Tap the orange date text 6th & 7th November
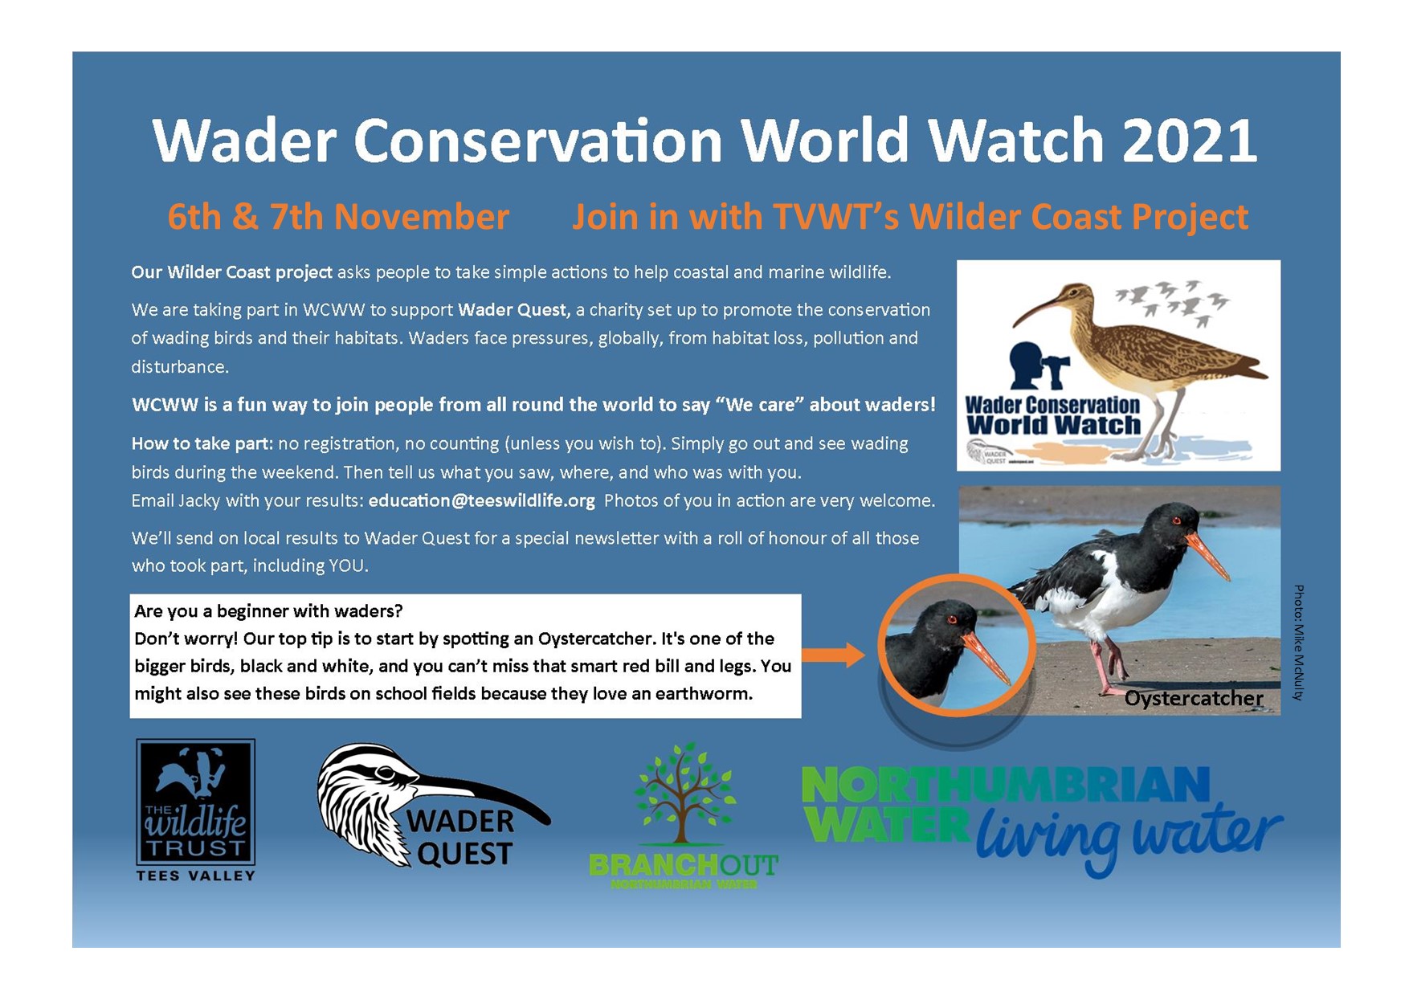pyautogui.click(x=338, y=217)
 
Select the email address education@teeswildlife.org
pyautogui.click(x=482, y=500)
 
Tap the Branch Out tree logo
pyautogui.click(x=684, y=815)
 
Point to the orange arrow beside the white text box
pyautogui.click(x=833, y=655)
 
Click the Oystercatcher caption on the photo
pyautogui.click(x=1194, y=699)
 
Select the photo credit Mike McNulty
pyautogui.click(x=1299, y=643)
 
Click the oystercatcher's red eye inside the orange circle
pyautogui.click(x=953, y=619)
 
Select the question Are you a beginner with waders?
pyautogui.click(x=268, y=611)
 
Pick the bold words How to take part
pyautogui.click(x=202, y=443)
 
